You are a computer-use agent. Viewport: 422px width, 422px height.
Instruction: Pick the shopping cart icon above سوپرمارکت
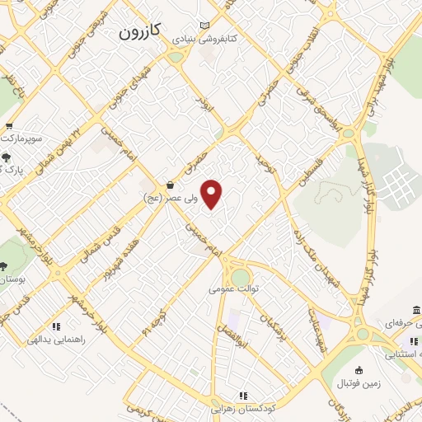pyautogui.click(x=9, y=126)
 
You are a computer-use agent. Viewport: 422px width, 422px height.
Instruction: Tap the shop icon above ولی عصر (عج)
pyautogui.click(x=170, y=185)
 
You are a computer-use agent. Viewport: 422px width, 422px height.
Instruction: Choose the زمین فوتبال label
pyautogui.click(x=358, y=384)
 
